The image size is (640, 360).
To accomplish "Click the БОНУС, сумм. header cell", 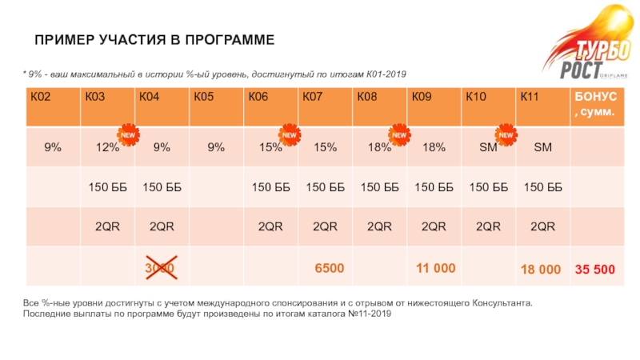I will tap(593, 105).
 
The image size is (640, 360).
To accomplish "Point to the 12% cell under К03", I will tap(107, 147).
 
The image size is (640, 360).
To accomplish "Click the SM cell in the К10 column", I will tap(487, 147).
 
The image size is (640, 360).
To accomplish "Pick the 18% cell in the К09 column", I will tap(433, 147).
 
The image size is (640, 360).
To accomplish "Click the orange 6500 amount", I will tap(329, 268).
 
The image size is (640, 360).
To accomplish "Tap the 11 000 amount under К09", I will tap(435, 268).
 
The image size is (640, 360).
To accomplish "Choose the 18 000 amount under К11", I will tap(540, 270).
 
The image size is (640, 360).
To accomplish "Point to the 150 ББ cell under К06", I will tap(270, 187).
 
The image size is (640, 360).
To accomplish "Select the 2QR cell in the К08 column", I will tap(379, 227).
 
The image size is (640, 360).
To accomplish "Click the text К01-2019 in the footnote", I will tap(386, 74).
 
